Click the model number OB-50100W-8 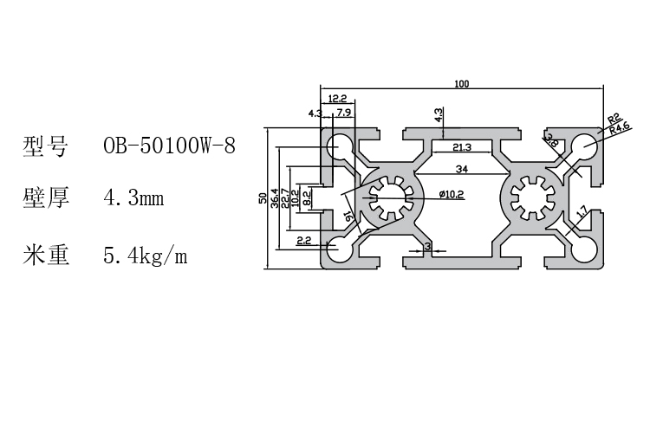click(x=169, y=146)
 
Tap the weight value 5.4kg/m click(x=145, y=256)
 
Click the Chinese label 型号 click(x=45, y=146)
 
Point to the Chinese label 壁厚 click(x=45, y=198)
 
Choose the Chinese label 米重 click(x=45, y=256)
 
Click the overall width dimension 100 click(x=461, y=83)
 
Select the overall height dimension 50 click(x=263, y=198)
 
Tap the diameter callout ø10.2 click(x=451, y=194)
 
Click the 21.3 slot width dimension click(x=461, y=146)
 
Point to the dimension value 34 click(x=461, y=167)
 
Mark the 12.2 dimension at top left click(x=337, y=99)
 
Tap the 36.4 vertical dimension click(x=276, y=198)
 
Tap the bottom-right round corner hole click(x=586, y=250)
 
